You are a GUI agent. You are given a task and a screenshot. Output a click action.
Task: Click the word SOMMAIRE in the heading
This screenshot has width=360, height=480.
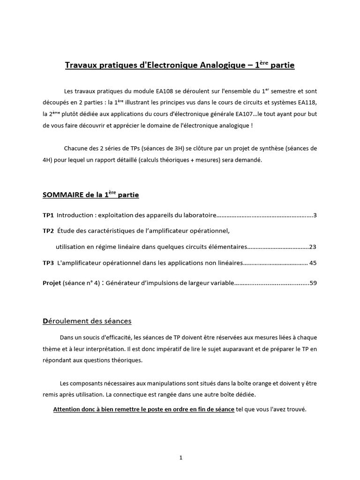[61, 195]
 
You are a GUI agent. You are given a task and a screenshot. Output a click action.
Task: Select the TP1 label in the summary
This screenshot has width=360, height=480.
[48, 215]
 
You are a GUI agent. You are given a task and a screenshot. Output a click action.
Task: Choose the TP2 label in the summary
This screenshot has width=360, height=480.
[48, 231]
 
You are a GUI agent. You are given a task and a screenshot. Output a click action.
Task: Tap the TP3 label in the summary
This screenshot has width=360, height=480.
[48, 263]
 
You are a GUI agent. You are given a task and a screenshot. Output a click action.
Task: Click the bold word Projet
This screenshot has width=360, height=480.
[52, 283]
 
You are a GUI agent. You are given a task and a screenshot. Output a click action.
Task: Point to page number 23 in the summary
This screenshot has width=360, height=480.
[313, 247]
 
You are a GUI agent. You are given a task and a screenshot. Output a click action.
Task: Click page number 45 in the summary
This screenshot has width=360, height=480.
[313, 263]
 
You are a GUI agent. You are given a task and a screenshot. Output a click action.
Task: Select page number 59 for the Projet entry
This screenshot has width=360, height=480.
[313, 283]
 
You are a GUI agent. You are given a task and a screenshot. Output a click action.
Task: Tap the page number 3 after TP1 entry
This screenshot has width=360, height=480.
[315, 215]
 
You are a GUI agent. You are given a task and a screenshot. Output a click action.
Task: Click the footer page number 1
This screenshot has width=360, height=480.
[180, 445]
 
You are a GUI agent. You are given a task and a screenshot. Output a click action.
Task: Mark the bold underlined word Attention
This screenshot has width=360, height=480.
[69, 409]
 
